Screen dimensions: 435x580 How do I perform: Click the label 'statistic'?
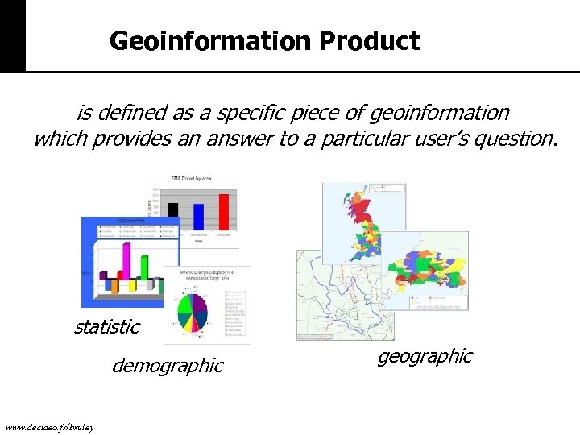(106, 326)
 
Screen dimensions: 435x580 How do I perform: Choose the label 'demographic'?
(168, 366)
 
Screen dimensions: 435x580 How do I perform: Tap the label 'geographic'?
(425, 356)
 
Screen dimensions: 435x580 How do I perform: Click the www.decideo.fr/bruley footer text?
(49, 426)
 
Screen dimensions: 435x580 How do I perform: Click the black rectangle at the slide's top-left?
(12, 35)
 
